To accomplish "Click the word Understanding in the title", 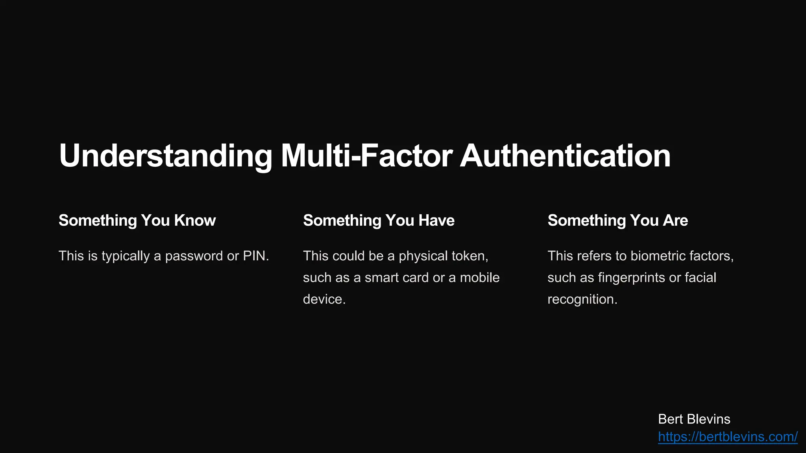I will pos(165,156).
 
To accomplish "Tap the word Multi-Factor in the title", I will pos(366,156).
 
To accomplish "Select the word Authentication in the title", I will pos(565,156).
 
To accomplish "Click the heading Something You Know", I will pos(137,221).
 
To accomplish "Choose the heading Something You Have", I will pos(379,221).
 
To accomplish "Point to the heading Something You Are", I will pos(617,221).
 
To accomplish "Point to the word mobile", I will pos(479,278).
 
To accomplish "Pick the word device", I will pos(323,299).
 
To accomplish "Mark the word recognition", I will pos(581,300).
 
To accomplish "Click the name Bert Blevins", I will pos(694,419).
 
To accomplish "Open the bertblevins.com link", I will pos(728,437).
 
